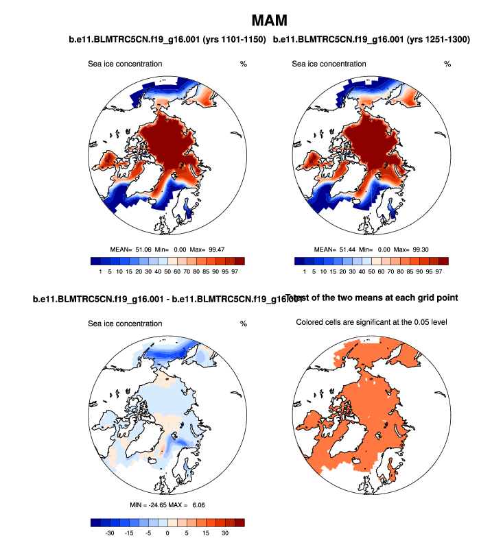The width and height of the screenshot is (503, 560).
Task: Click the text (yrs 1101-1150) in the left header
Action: coord(233,40)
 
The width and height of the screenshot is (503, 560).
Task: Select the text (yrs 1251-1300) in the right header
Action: coord(437,40)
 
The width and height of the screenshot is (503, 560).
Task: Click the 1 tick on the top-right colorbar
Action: coord(304,272)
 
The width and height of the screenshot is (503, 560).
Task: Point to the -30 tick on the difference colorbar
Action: coord(109,533)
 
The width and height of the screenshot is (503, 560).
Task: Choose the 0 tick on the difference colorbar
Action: coord(167,533)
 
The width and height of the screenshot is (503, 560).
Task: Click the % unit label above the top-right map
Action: coord(447,64)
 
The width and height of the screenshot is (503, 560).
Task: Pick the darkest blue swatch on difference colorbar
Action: coord(95,522)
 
